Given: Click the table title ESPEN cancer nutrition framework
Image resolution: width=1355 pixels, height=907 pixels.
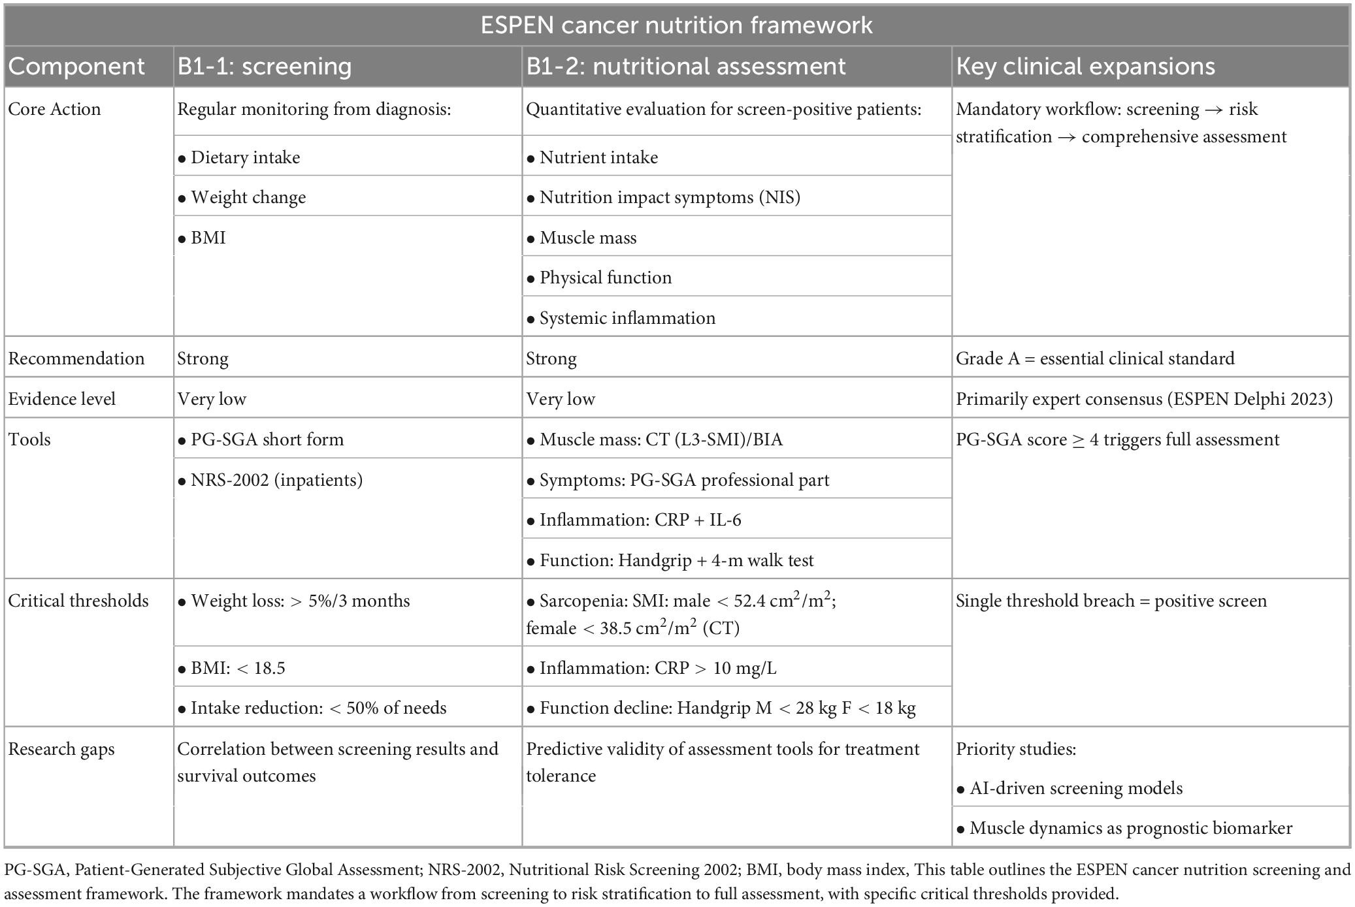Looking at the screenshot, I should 676,25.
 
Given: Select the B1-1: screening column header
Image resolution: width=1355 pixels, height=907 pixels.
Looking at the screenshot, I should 264,67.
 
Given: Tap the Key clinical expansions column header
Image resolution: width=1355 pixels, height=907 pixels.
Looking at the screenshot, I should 1085,67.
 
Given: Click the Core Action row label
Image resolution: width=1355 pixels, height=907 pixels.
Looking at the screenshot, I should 54,109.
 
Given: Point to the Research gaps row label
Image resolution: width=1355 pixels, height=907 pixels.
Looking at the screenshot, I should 61,749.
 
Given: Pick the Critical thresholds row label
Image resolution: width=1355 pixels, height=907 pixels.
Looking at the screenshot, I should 78,601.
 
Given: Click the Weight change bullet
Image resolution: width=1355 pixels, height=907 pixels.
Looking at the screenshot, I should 248,197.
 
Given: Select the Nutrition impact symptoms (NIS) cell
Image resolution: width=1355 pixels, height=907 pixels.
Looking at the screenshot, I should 669,197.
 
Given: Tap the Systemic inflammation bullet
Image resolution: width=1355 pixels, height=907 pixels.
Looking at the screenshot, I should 627,318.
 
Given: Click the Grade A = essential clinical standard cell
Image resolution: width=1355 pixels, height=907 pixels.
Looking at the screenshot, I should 1095,358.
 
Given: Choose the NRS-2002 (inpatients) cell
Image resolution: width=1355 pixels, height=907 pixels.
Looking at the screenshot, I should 276,480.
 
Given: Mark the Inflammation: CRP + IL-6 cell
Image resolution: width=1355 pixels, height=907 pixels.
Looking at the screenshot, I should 640,520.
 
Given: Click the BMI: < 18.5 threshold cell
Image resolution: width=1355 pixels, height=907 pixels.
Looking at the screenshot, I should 237,668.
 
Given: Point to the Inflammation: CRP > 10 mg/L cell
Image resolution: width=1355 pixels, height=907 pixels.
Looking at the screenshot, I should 657,668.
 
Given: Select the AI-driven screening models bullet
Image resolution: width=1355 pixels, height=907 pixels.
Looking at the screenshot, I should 1075,788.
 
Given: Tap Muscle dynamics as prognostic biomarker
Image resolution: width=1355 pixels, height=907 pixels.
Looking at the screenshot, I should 1130,828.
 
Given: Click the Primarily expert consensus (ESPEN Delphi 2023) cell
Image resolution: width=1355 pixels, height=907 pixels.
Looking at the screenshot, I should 1144,399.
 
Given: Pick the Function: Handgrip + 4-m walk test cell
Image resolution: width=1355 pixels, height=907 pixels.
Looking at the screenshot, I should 676,560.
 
